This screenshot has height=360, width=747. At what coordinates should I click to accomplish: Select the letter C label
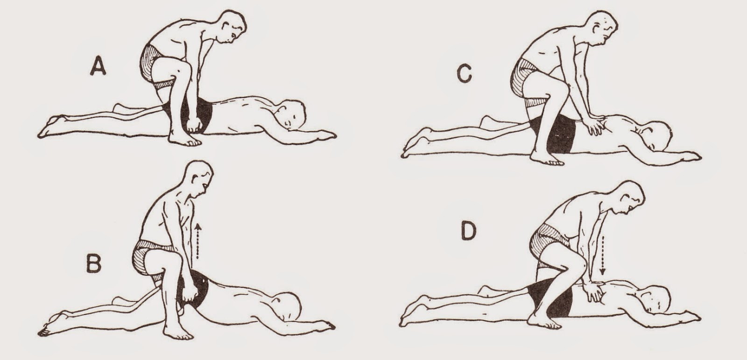click(x=465, y=74)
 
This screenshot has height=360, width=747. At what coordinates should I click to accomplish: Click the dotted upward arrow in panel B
click(x=198, y=241)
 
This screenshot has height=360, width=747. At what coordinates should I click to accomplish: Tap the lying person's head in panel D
click(x=655, y=301)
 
